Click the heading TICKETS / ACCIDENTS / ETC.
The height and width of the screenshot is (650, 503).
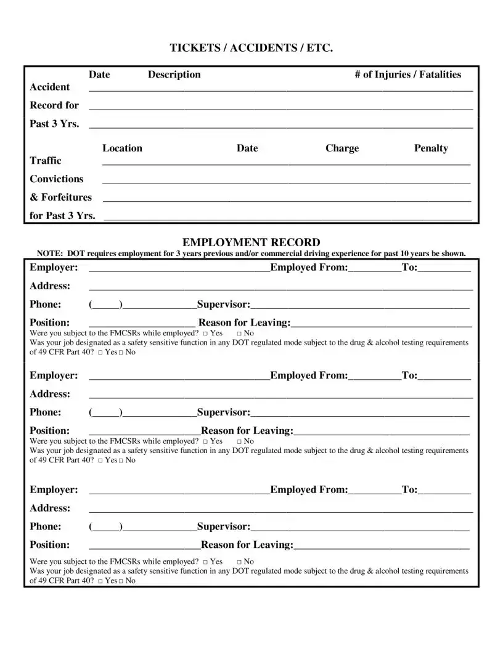point(251,48)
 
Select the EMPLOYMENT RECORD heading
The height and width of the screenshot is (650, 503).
point(251,243)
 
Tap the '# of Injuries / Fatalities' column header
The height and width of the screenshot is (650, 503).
point(407,74)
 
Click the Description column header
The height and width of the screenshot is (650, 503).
point(174,74)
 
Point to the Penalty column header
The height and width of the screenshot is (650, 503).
point(431,148)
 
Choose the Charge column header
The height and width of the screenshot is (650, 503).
point(341,148)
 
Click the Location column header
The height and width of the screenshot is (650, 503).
point(122,148)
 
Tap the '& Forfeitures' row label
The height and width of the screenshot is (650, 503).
point(60,198)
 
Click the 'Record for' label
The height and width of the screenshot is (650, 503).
point(54,105)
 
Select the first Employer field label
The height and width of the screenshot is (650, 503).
point(54,267)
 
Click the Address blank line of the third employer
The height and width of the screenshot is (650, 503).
point(280,510)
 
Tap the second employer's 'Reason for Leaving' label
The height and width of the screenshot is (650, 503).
point(247,431)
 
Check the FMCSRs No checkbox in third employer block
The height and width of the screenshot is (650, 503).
point(239,562)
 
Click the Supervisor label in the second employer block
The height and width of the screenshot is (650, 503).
point(223,412)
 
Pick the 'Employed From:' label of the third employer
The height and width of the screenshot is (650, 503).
point(309,490)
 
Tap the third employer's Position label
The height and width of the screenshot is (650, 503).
point(49,545)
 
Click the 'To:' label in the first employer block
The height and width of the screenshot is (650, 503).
point(409,267)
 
